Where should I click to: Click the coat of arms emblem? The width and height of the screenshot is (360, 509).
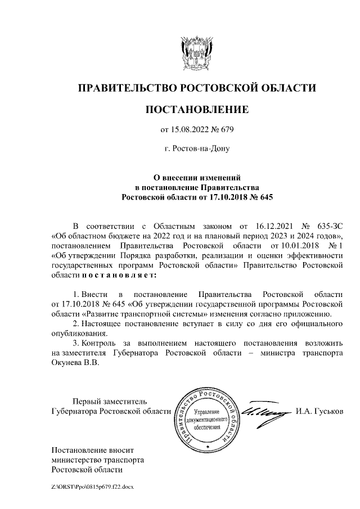[x=196, y=51]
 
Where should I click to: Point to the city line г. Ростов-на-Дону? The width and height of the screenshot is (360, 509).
[x=196, y=150]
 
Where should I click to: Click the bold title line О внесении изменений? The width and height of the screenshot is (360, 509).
[x=197, y=176]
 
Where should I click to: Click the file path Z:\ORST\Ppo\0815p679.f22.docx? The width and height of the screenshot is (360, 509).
[x=91, y=485]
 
